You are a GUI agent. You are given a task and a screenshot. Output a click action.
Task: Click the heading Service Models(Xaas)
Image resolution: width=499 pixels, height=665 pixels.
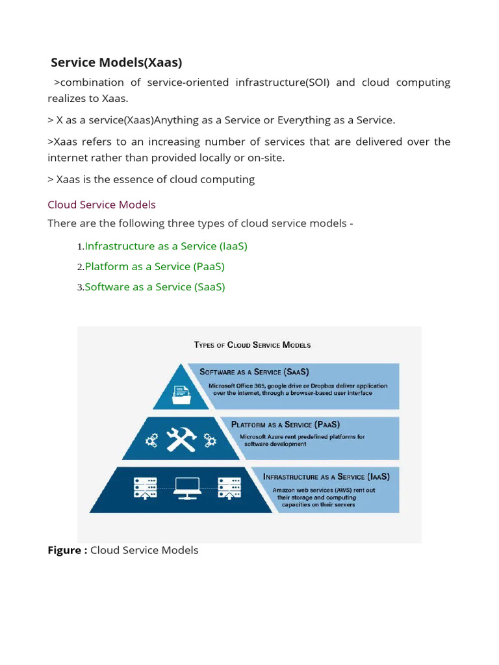click(116, 62)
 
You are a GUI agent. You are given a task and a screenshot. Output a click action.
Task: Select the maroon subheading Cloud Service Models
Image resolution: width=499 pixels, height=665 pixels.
click(101, 205)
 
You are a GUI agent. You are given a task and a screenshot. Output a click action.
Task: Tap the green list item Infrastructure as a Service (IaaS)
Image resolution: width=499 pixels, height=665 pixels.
click(166, 246)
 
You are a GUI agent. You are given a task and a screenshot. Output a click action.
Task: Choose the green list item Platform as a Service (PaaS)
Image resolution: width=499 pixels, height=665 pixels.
click(155, 266)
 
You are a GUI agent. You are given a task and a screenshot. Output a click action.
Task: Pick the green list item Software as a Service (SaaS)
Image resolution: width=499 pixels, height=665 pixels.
click(155, 286)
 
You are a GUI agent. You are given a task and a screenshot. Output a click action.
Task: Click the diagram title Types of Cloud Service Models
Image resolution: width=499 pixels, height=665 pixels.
click(252, 345)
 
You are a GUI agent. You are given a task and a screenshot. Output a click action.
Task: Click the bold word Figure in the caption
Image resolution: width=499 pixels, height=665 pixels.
click(66, 550)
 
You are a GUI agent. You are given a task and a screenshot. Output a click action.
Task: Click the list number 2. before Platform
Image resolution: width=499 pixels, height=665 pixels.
click(80, 267)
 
